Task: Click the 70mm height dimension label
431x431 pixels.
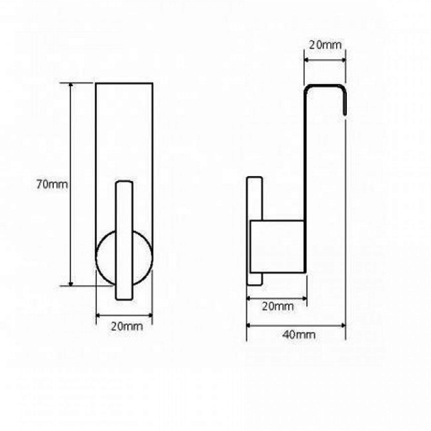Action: click(x=52, y=184)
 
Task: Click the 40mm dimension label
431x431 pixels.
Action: click(x=299, y=335)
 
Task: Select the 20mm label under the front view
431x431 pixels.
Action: click(x=127, y=326)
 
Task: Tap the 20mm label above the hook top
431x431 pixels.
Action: click(x=325, y=45)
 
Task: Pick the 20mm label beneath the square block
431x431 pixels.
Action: click(x=277, y=306)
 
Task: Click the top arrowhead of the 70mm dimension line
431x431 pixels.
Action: click(x=71, y=85)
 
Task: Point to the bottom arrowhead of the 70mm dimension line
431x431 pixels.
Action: click(x=71, y=283)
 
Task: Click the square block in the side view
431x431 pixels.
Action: click(x=277, y=246)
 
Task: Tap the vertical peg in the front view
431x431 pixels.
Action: click(x=124, y=240)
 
